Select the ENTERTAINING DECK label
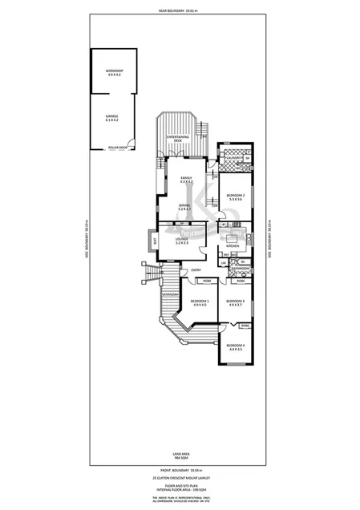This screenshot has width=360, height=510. pos(178,140)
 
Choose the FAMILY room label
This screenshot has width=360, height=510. pos(185,180)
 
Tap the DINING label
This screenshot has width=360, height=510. pos(184,207)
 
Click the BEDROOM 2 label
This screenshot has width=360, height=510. pos(234,196)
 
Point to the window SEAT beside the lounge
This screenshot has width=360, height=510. pos(154,240)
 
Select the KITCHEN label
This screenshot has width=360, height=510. pos(233,245)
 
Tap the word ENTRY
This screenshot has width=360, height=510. pos(196,269)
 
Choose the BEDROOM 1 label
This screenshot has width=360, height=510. pos(199,302)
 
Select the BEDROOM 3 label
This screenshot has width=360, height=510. pos(234,302)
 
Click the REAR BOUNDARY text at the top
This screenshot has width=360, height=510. pos(179,10)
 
